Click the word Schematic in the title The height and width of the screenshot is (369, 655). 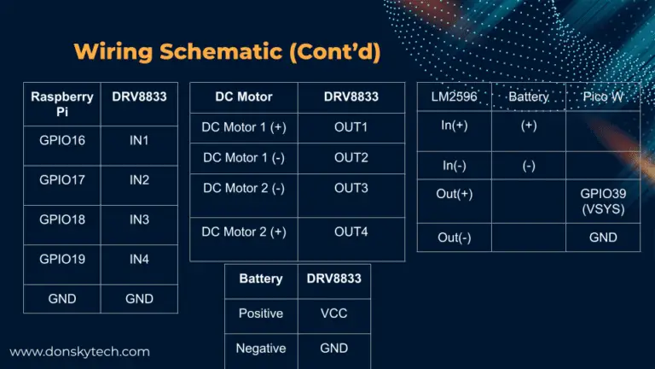point(221,51)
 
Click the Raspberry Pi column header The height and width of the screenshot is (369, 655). point(62,104)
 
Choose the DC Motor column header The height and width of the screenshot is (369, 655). point(244,97)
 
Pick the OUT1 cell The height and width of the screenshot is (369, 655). point(351,127)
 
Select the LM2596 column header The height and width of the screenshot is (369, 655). point(454,97)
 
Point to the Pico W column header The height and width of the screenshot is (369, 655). point(603,97)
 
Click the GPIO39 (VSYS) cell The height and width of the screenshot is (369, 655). point(603,202)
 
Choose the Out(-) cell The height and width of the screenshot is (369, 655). point(454,237)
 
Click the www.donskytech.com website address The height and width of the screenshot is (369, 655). point(80,351)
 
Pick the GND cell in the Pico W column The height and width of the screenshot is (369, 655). point(603,237)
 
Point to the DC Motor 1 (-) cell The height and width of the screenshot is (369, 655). point(244,158)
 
